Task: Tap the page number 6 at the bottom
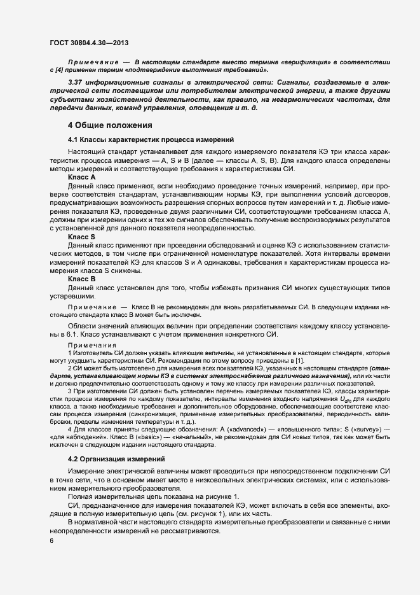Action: [x=52, y=540]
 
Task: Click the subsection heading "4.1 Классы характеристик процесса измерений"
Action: [x=151, y=139]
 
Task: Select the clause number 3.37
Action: [x=76, y=83]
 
